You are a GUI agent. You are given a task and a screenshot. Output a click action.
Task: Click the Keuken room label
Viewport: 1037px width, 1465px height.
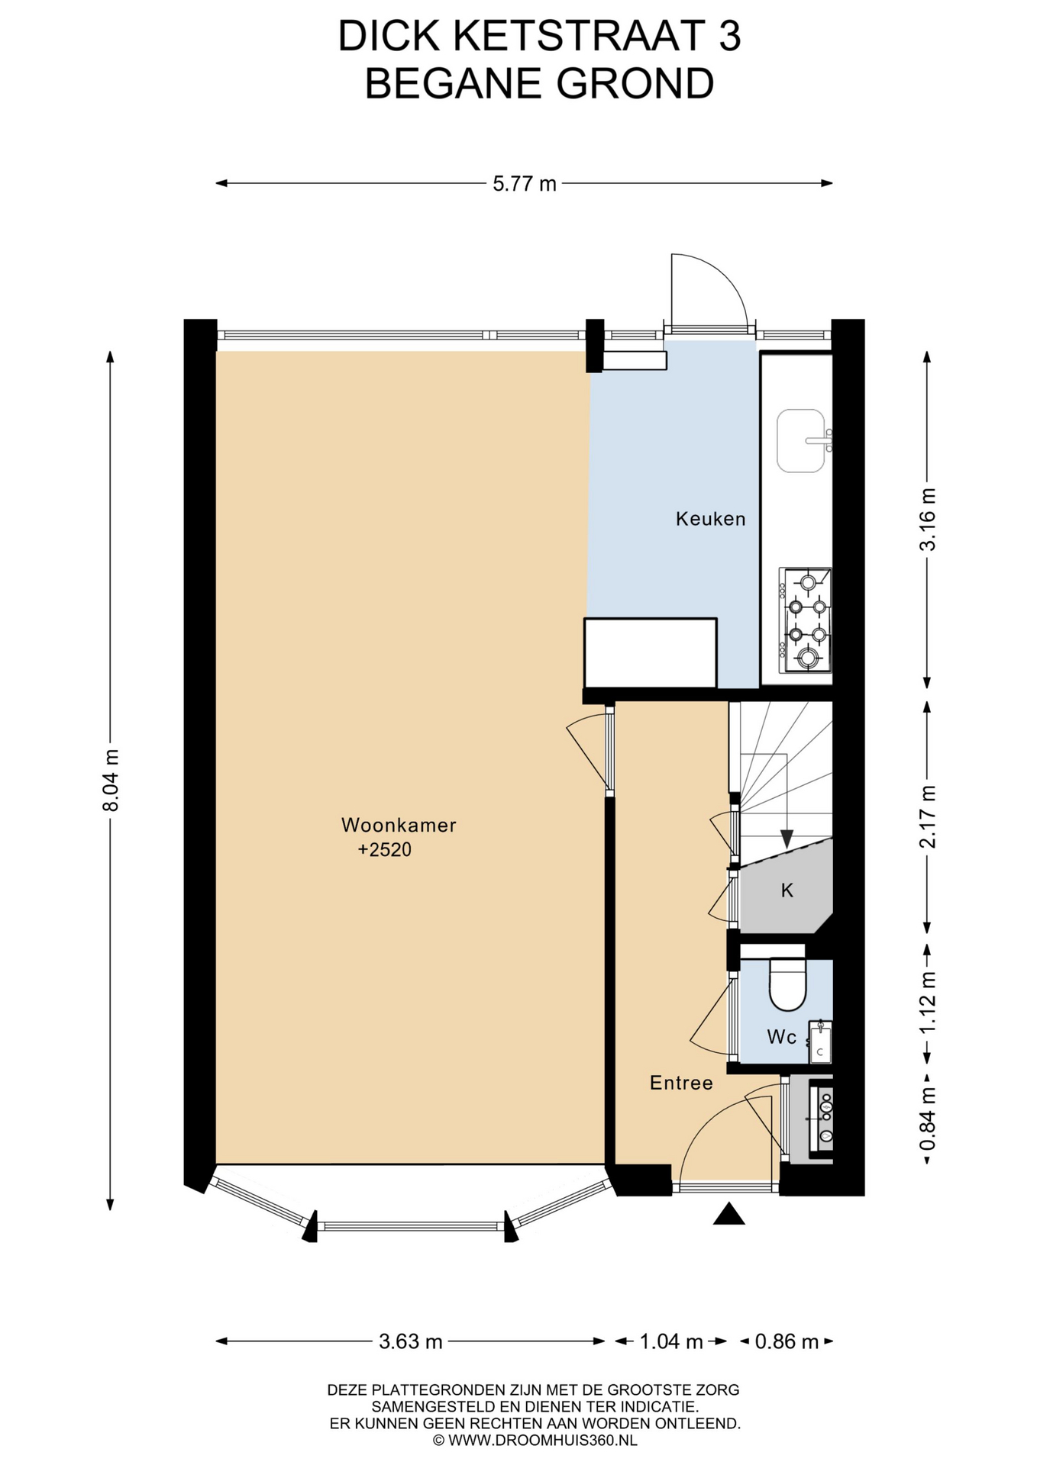pos(710,520)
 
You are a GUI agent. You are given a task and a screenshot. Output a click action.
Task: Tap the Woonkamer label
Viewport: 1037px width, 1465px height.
pos(399,825)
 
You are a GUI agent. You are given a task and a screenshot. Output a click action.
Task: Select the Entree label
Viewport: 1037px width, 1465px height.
pos(681,1083)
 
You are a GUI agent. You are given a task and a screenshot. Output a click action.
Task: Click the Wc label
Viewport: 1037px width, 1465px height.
pos(781,1037)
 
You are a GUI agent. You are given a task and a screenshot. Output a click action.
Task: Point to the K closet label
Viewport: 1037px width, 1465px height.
pos(787,890)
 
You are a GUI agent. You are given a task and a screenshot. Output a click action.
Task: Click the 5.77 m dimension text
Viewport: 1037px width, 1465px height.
pos(525,184)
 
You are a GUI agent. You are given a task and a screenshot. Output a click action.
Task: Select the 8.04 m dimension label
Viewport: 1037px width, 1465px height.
pos(111,781)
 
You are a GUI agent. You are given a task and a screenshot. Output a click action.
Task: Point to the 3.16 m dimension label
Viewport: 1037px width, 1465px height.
pos(927,519)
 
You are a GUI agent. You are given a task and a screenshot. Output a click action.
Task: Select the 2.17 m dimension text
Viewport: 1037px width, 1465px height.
pos(927,816)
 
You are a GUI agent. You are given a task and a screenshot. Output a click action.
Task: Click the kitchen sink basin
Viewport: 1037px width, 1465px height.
pos(801,441)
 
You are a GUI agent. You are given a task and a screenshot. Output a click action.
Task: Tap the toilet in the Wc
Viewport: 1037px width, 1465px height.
pos(788,984)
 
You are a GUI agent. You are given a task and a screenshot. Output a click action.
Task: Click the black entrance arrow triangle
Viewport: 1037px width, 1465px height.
pos(728,1214)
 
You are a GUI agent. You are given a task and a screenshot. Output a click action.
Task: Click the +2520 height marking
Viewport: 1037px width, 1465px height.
pos(385,849)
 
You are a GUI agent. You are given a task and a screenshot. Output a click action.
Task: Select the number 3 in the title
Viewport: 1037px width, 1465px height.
pos(730,36)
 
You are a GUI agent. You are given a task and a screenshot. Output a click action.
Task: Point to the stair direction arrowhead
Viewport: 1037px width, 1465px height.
pos(787,838)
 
